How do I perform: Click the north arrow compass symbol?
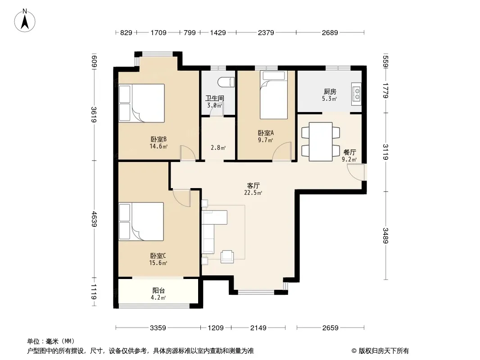pos(25,21)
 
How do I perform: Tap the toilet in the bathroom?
pos(226,82)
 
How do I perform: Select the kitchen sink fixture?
pos(356,94)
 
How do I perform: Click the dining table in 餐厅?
pos(321,142)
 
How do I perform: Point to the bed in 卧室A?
pos(274,95)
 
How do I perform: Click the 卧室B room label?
pos(158,139)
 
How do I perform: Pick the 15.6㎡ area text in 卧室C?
pos(158,263)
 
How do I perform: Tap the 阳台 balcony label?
pos(158,291)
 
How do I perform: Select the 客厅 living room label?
pos(253,186)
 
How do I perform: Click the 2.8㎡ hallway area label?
pos(218,148)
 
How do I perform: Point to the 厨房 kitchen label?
pos(330,91)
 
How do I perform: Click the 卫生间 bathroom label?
pos(215,98)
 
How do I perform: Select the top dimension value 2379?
pos(266,32)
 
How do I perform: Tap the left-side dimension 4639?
pos(94,219)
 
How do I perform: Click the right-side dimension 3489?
pos(385,235)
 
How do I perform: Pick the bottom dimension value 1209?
pos(216,328)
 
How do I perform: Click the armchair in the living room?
pos(227,256)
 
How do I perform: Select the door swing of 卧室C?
pos(181,198)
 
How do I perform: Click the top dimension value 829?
pos(126,32)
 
